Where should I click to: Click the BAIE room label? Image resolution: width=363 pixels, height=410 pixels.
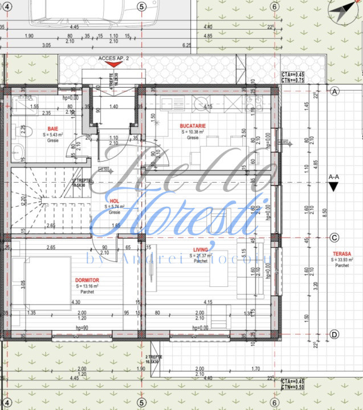(x=53, y=128)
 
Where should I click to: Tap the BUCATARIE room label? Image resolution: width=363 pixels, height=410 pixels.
(x=193, y=125)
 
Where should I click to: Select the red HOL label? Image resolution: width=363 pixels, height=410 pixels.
(x=114, y=200)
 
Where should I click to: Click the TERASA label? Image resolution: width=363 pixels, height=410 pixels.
(x=342, y=254)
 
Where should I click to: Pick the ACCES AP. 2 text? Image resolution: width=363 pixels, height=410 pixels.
(x=114, y=59)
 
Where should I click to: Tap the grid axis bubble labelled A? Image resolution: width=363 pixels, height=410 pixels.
(x=335, y=91)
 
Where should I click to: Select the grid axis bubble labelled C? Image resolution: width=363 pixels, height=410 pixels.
(x=335, y=237)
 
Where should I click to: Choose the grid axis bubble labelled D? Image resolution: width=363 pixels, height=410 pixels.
(x=335, y=334)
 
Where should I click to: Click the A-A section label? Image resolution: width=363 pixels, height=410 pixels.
(x=335, y=177)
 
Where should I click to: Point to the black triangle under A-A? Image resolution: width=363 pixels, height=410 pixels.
(x=336, y=186)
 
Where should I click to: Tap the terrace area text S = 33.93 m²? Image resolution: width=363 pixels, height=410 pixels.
(x=342, y=260)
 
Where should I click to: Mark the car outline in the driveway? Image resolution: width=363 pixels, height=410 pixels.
(x=85, y=13)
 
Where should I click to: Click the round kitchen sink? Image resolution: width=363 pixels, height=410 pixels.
(x=201, y=103)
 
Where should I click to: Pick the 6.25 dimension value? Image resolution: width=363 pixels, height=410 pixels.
(x=186, y=45)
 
